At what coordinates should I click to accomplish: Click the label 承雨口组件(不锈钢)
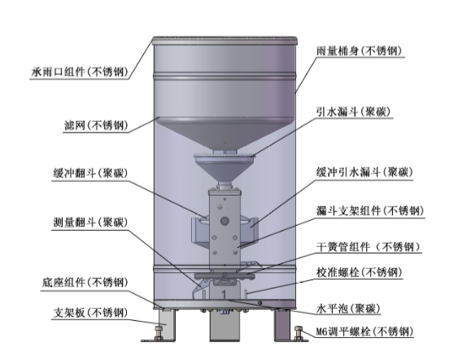[x=80, y=72]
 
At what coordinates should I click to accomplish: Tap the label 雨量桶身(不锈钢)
[x=360, y=50]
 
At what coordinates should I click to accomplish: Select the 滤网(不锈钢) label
[x=96, y=125]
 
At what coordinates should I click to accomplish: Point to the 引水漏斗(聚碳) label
[x=353, y=111]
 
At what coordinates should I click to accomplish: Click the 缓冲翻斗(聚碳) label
[x=90, y=173]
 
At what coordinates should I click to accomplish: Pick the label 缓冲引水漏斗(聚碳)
[x=364, y=172]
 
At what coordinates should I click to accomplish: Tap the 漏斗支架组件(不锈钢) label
[x=370, y=210]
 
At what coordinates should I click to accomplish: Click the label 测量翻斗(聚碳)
[x=90, y=223]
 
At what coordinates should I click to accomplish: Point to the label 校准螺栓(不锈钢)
[x=360, y=272]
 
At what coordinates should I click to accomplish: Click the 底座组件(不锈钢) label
[x=85, y=283]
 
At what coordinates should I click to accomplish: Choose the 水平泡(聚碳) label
[x=348, y=308]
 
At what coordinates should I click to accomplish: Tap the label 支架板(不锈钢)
[x=90, y=313]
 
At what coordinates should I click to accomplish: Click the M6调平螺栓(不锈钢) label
[x=364, y=332]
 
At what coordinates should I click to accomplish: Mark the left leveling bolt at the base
[x=159, y=332]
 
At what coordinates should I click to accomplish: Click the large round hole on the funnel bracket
[x=225, y=221]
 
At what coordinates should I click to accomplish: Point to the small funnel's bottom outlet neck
[x=225, y=185]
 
